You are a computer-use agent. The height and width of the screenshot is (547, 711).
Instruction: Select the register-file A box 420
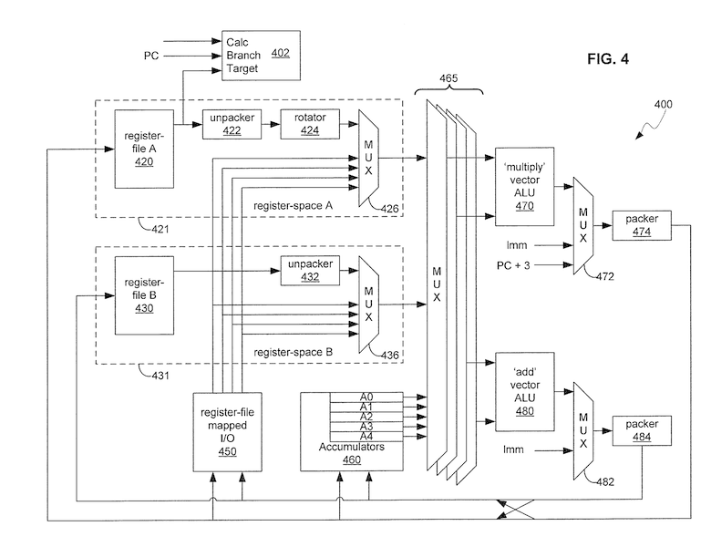(144, 149)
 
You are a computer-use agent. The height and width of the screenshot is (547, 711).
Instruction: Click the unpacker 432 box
(309, 270)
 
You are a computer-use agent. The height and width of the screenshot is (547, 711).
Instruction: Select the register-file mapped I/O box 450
(226, 432)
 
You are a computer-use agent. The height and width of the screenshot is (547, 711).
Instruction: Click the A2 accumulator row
(366, 416)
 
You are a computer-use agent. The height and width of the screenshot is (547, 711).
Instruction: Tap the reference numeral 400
(663, 104)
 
